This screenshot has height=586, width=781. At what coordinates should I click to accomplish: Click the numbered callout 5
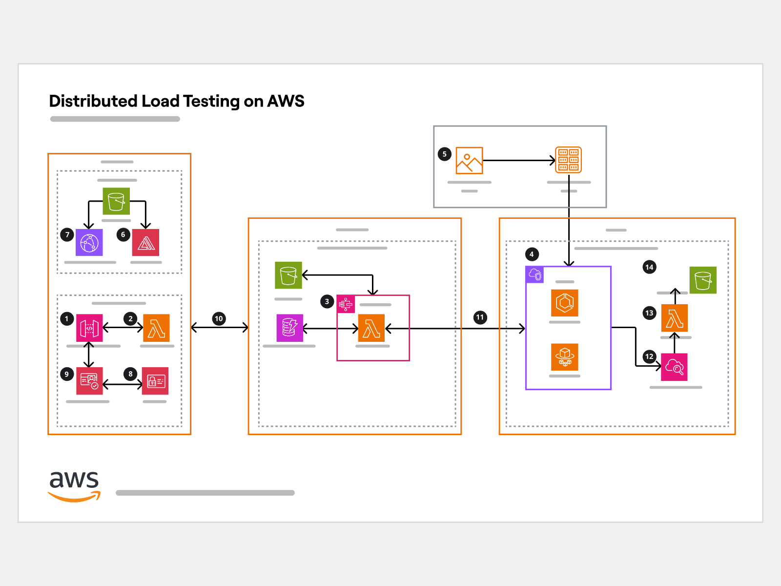tap(444, 154)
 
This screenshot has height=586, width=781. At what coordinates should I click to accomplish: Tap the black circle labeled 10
tap(219, 319)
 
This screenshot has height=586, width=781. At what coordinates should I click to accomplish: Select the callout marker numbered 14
tap(649, 267)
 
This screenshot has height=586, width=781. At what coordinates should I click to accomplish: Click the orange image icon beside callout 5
tap(469, 160)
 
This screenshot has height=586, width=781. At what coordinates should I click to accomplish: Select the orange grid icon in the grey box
tap(569, 160)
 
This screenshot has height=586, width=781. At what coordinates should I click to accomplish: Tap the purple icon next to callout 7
tap(89, 242)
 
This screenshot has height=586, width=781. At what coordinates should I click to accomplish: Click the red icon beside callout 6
tap(145, 242)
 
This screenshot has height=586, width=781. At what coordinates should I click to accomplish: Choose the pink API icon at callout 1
tap(89, 328)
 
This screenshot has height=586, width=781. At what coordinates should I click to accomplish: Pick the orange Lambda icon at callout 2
tap(156, 328)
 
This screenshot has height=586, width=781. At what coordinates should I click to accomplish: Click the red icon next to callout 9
tap(89, 381)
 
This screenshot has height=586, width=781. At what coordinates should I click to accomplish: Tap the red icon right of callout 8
tap(155, 381)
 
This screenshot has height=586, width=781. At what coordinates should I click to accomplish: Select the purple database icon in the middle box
tap(289, 328)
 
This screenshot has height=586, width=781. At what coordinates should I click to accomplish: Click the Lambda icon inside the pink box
tap(371, 328)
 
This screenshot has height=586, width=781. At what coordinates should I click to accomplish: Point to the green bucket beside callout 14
tap(703, 280)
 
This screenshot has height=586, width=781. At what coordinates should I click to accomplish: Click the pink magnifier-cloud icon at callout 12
tap(674, 367)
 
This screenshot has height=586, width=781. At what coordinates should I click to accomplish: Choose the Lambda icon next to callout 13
tap(675, 318)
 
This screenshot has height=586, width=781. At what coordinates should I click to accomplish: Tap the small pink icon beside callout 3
tap(346, 304)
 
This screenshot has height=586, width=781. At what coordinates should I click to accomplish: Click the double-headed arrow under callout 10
tap(220, 328)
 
